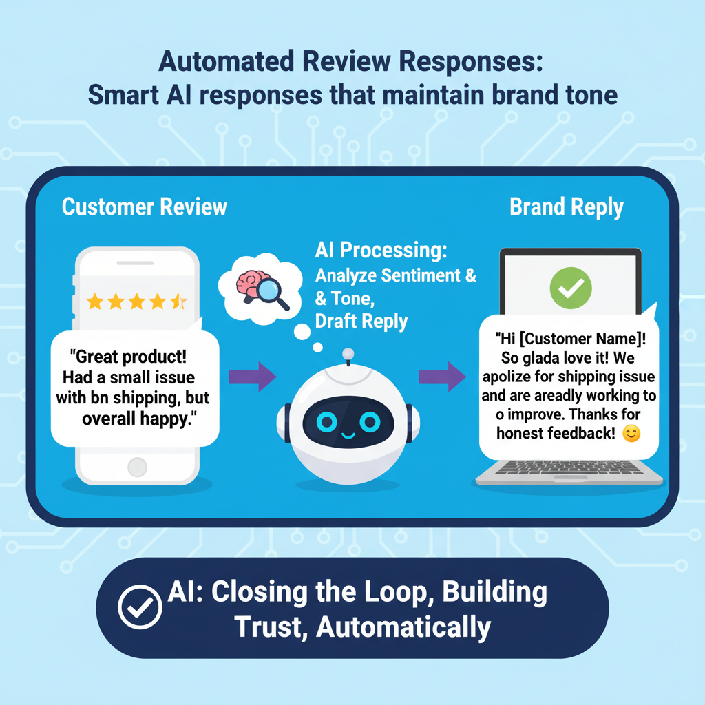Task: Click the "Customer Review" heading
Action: (x=144, y=207)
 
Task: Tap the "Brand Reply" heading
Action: (x=566, y=207)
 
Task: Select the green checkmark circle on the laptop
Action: (x=570, y=287)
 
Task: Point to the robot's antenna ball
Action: (x=348, y=354)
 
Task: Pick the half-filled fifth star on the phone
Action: (x=178, y=301)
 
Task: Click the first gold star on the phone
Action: (x=94, y=301)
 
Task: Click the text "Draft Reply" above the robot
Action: (x=361, y=321)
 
